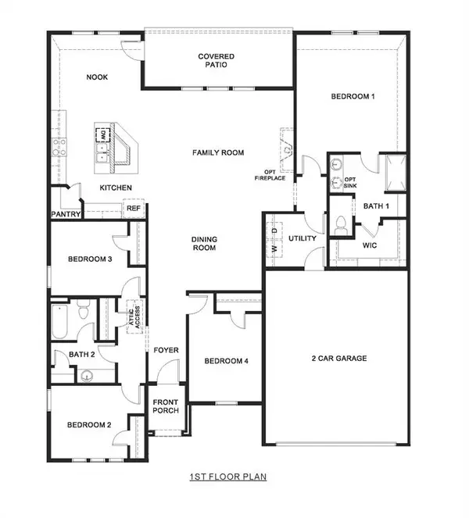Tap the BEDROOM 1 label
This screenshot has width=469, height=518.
[x=353, y=96]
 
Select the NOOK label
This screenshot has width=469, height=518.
[x=97, y=77]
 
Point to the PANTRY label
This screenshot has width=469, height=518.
[x=66, y=213]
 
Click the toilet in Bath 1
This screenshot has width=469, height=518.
[x=341, y=225]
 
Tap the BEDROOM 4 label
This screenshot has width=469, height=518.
[x=226, y=361]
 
